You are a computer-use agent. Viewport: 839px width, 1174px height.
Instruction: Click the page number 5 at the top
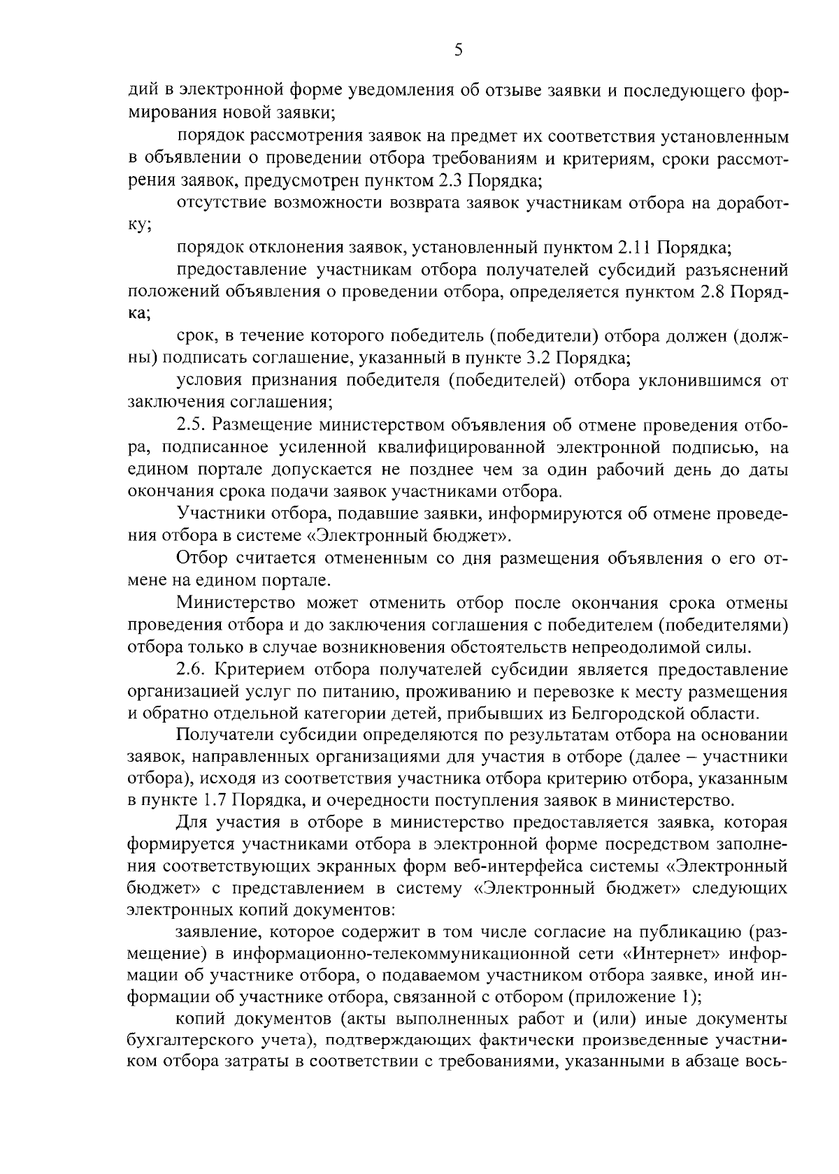point(458,49)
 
